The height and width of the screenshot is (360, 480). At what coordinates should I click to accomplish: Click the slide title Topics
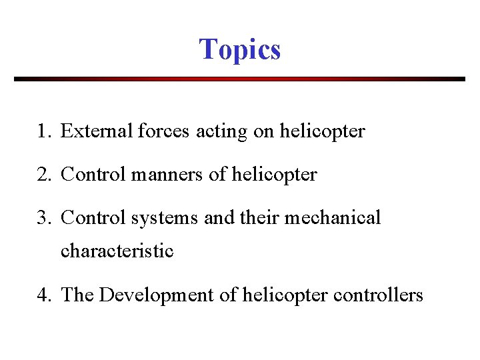tap(240, 49)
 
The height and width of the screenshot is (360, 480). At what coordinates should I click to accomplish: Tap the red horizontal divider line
tap(240, 79)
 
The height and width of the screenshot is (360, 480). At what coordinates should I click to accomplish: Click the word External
tap(96, 131)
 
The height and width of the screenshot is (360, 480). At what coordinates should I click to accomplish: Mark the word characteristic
tap(117, 251)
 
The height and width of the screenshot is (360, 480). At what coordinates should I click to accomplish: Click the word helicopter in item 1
tap(322, 132)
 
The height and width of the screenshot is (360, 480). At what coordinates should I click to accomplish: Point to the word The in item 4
tap(77, 295)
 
